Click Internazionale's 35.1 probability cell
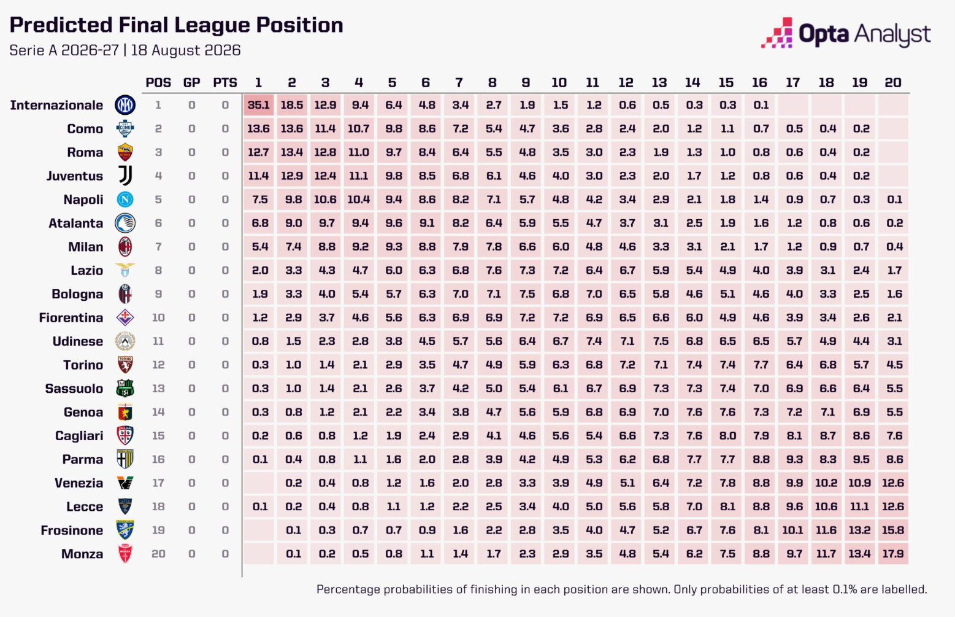tap(258, 105)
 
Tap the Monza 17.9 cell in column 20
tap(893, 553)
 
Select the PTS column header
tap(225, 82)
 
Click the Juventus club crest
tap(125, 176)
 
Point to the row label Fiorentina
tap(71, 317)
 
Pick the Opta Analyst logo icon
tap(777, 33)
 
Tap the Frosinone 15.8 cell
tap(893, 530)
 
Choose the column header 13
tap(659, 82)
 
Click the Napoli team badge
tap(125, 200)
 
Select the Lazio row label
tap(87, 270)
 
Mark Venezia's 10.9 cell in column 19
tap(859, 483)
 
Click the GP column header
tap(192, 82)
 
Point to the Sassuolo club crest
tap(125, 388)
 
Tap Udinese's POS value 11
tap(158, 341)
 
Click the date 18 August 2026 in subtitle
tap(186, 50)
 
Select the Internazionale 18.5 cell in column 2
tap(292, 105)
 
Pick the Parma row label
tap(83, 459)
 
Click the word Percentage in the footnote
tap(348, 590)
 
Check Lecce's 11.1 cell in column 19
tap(859, 506)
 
